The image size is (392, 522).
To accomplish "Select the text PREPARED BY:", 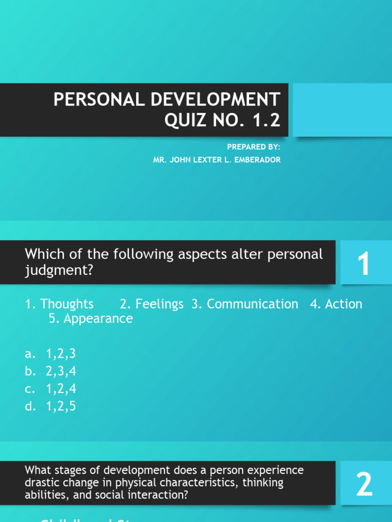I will pyautogui.click(x=254, y=147).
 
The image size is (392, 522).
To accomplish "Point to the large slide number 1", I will pyautogui.click(x=363, y=265).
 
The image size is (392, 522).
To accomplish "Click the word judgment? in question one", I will pyautogui.click(x=60, y=270).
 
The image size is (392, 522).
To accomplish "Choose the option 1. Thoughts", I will pyautogui.click(x=59, y=304).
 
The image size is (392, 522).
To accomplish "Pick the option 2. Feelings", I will pyautogui.click(x=152, y=304).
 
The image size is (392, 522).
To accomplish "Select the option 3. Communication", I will pyautogui.click(x=245, y=304).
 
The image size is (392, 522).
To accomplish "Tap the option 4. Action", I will pyautogui.click(x=336, y=304).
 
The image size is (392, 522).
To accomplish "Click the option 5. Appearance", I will pyautogui.click(x=91, y=319).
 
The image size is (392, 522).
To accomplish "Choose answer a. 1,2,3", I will pyautogui.click(x=50, y=354).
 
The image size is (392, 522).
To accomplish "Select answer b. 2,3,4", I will pyautogui.click(x=50, y=371).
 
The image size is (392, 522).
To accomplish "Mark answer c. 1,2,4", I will pyautogui.click(x=50, y=389).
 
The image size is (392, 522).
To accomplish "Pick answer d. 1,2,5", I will pyautogui.click(x=50, y=406).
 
